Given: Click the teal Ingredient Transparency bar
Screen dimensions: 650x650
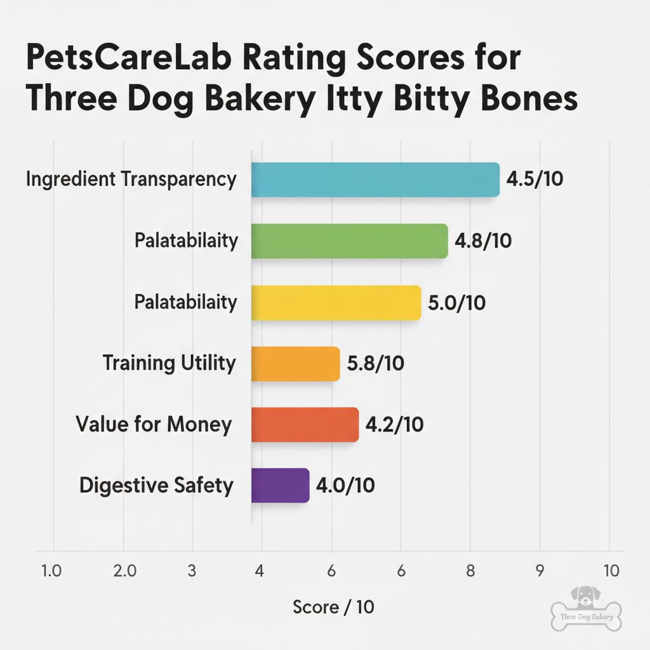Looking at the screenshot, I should click(x=375, y=180).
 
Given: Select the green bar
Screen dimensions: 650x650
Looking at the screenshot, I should click(x=349, y=241).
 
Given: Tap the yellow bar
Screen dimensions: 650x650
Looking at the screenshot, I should click(x=336, y=303).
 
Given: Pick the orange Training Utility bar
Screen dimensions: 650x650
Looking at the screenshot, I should click(x=295, y=364).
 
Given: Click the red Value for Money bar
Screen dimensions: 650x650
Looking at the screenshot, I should click(x=305, y=425).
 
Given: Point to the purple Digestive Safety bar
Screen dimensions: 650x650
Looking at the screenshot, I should click(x=280, y=486).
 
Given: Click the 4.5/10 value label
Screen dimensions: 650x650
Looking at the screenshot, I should click(x=534, y=180).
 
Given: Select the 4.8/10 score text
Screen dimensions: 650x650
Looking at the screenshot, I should click(x=484, y=241).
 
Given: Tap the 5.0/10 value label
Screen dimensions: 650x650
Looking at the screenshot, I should click(x=457, y=303).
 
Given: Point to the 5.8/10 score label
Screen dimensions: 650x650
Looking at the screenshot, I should click(x=376, y=364).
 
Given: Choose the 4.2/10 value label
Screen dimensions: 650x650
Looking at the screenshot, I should click(x=395, y=425).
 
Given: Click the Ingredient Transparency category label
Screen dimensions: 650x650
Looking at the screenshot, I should click(x=131, y=180).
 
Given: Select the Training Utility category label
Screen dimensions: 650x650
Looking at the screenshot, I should click(x=169, y=364).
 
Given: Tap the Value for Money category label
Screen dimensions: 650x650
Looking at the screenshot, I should click(x=154, y=425).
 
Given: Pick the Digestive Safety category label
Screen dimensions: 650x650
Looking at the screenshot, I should click(x=156, y=486).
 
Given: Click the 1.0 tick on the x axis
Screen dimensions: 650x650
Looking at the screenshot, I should click(x=51, y=571).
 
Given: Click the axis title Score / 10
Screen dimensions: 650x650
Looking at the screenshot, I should click(x=333, y=607).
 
